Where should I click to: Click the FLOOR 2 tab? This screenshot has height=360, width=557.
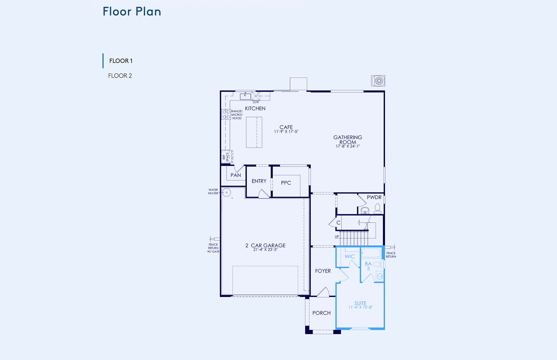click(x=120, y=76)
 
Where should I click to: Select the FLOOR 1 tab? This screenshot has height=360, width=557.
click(x=121, y=61)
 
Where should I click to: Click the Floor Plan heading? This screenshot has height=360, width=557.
click(x=132, y=12)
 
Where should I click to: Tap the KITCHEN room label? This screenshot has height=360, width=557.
click(x=255, y=108)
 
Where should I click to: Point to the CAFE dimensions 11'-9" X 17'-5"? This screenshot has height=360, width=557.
click(x=286, y=132)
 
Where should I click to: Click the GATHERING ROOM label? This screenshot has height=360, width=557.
click(x=348, y=140)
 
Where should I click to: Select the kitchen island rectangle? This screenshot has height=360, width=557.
click(x=254, y=132)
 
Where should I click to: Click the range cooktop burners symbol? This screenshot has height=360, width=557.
click(x=226, y=114)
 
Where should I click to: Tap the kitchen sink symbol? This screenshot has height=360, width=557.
click(x=245, y=96)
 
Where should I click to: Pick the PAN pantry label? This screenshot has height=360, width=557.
click(x=236, y=175)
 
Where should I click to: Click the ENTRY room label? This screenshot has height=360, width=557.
click(x=259, y=181)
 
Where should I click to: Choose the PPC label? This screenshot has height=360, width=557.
click(x=286, y=183)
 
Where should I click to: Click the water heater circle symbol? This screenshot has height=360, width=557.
click(x=227, y=192)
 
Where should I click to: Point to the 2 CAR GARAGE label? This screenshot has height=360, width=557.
click(x=265, y=246)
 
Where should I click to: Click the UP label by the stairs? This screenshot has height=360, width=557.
click(x=337, y=237)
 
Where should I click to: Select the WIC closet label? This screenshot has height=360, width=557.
click(x=350, y=257)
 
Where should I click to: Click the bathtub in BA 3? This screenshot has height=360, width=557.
click(x=371, y=253)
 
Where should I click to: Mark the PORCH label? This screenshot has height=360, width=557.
click(x=321, y=313)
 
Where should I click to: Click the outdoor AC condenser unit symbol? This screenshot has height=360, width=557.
click(x=378, y=81)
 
